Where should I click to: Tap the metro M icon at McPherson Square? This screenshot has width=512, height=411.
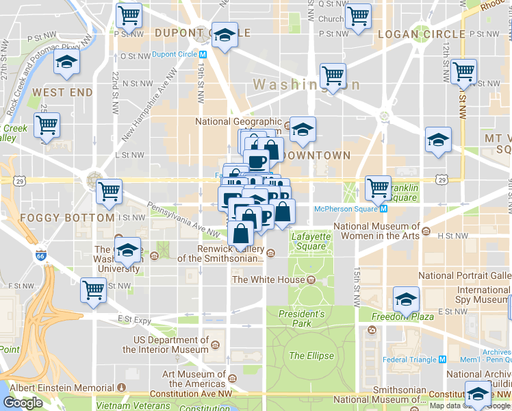tap(383, 208)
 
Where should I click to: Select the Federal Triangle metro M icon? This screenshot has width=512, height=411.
tap(442, 359)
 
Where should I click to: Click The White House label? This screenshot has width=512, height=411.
tap(268, 279)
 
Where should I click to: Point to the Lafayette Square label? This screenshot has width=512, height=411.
tap(309, 241)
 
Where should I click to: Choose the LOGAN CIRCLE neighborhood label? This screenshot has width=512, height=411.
tap(411, 34)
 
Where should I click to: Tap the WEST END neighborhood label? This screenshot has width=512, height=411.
tap(62, 92)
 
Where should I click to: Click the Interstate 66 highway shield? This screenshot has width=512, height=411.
tap(41, 256)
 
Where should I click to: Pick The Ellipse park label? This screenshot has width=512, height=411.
tap(311, 356)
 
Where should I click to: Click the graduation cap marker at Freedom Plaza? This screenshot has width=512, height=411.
tap(406, 300)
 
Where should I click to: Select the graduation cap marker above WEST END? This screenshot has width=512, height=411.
tap(66, 62)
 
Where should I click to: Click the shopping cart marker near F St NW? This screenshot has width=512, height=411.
tap(93, 289)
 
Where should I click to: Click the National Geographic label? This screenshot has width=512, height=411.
tap(238, 122)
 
